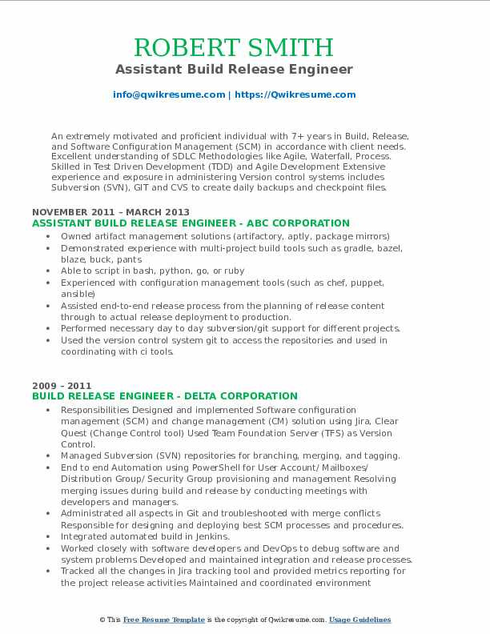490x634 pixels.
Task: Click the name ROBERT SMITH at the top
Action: pos(245,47)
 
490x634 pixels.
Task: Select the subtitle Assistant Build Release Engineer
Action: pos(245,70)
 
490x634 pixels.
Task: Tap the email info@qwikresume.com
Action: pos(170,94)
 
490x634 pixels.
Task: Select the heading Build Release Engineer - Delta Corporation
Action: pos(165,396)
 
